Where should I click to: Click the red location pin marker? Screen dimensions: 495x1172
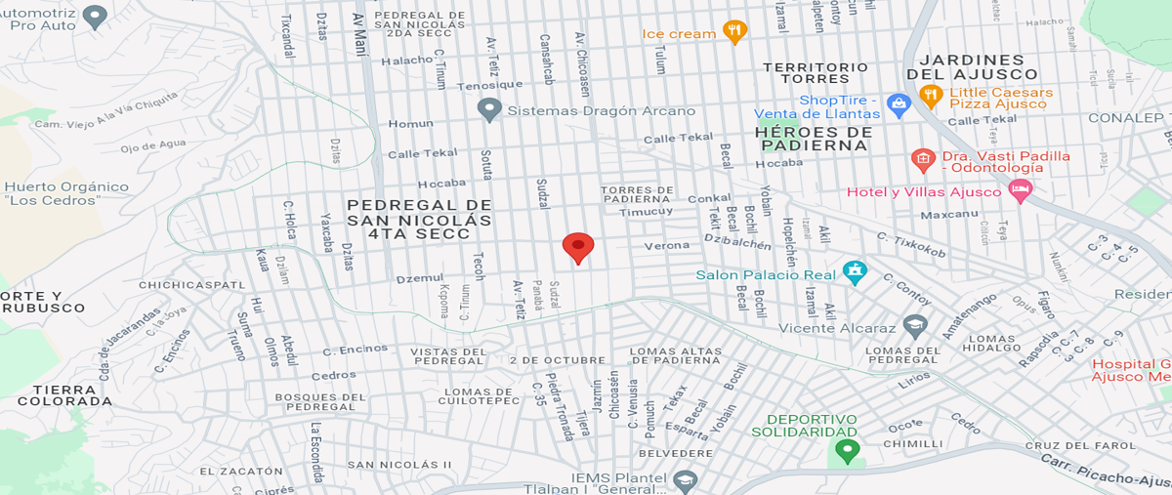click(x=578, y=247)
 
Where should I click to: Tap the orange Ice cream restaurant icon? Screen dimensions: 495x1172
click(x=734, y=32)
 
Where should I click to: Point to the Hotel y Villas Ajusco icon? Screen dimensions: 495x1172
click(x=1021, y=190)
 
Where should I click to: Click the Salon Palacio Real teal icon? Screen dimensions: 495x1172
click(x=855, y=273)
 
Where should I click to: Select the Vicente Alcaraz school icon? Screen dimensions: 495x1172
click(x=915, y=326)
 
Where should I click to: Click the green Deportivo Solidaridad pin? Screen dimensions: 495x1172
click(x=847, y=450)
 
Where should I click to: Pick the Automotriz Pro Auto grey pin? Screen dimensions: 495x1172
click(x=94, y=16)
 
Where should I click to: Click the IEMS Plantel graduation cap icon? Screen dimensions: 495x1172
click(x=687, y=479)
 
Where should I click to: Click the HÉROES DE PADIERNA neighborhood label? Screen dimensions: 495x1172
click(x=813, y=138)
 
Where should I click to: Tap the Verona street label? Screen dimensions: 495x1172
click(x=666, y=245)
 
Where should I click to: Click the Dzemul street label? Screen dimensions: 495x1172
click(x=419, y=278)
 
